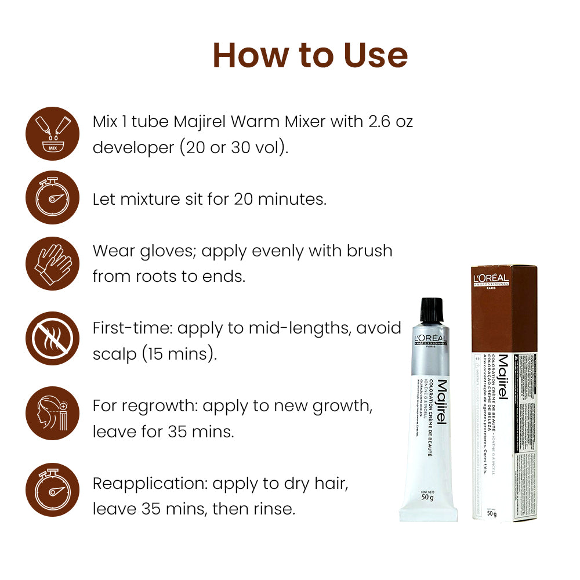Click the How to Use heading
310,55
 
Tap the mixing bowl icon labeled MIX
53,134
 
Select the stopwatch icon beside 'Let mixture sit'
53,198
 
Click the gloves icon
53,263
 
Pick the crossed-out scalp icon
53,338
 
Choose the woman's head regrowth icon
53,413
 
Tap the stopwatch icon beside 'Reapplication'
53,490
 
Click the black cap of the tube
431,311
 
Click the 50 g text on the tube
429,497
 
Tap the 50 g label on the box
492,513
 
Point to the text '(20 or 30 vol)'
234,148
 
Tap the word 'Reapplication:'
150,483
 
